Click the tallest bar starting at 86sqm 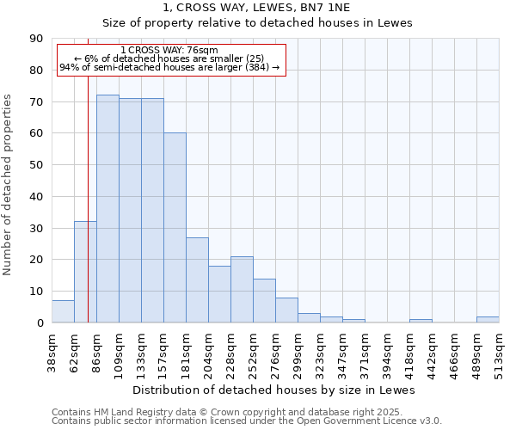(x=107, y=209)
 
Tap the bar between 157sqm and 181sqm (x=175, y=228)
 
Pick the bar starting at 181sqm (x=197, y=280)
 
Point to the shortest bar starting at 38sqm (x=63, y=312)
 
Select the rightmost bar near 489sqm (x=488, y=320)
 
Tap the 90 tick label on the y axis (x=37, y=39)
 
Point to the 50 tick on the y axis (x=37, y=165)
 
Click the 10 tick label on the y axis (x=37, y=292)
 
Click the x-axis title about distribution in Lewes (x=275, y=390)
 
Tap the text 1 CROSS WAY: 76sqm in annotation (x=169, y=50)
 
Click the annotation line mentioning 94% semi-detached (x=169, y=67)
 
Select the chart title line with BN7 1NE (x=258, y=8)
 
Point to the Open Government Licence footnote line (x=247, y=421)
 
